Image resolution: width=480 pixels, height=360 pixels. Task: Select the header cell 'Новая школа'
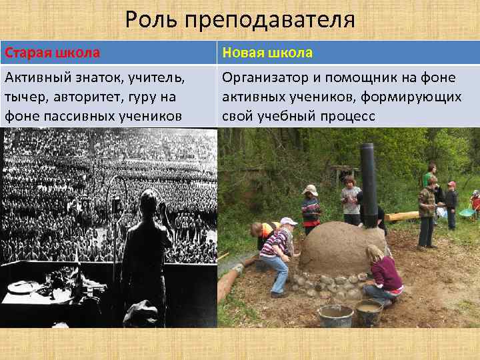click(267, 53)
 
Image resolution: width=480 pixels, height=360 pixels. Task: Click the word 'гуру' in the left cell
click(137, 97)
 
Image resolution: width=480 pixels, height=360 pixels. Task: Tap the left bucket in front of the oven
click(337, 314)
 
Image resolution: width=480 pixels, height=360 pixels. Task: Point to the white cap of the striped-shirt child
click(289, 221)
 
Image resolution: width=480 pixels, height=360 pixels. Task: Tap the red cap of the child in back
click(451, 184)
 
